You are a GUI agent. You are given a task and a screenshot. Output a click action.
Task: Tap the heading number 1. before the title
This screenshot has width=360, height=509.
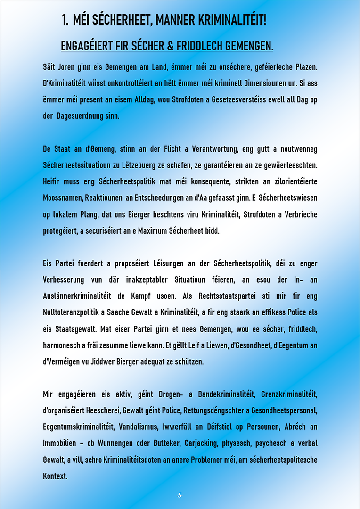(65, 20)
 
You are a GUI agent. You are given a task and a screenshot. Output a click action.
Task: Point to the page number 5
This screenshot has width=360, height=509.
(180, 495)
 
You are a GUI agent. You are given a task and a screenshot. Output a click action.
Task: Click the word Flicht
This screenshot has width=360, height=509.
(167, 149)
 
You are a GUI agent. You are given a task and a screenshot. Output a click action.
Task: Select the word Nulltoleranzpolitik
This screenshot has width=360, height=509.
(76, 312)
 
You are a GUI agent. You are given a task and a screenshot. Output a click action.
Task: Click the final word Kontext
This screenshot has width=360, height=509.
(55, 476)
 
